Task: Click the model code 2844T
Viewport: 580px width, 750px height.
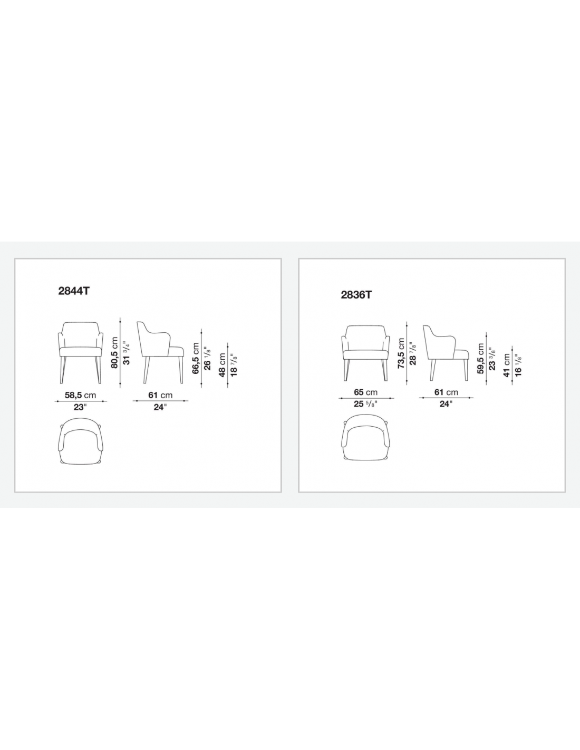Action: click(x=74, y=291)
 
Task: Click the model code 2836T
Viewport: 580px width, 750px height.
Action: click(x=356, y=295)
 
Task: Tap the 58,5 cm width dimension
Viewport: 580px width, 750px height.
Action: click(x=80, y=395)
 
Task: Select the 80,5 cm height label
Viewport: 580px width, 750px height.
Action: click(x=114, y=353)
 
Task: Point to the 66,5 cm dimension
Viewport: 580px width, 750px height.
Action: click(x=196, y=358)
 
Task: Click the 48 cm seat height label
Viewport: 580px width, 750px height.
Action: click(x=222, y=365)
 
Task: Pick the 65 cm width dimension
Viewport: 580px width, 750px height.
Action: click(x=366, y=392)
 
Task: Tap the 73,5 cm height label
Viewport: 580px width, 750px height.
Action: click(x=401, y=353)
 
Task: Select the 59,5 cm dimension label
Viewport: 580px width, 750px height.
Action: click(x=481, y=359)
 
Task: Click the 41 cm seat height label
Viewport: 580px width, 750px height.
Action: click(x=507, y=365)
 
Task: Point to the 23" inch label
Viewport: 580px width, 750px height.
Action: click(x=80, y=407)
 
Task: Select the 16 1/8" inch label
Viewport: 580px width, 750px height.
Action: click(x=518, y=365)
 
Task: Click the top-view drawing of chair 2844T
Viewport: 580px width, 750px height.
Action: click(x=80, y=442)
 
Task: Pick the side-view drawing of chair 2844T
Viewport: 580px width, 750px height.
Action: click(x=160, y=352)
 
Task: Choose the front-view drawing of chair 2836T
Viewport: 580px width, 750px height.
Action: click(x=366, y=353)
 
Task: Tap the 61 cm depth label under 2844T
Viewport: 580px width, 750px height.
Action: click(x=160, y=395)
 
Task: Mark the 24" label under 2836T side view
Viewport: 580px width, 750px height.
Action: click(x=446, y=404)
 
